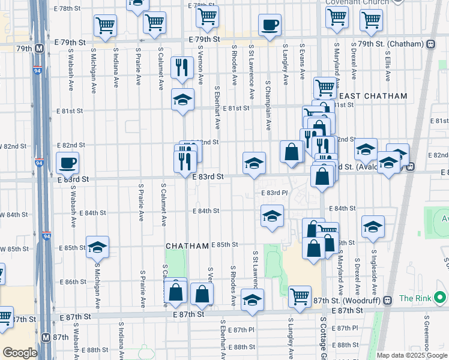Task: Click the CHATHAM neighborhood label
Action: [187, 247]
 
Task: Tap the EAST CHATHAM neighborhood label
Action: [373, 96]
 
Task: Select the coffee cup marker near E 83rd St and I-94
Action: [67, 162]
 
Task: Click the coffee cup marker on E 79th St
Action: [270, 25]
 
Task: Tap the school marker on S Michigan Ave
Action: [97, 247]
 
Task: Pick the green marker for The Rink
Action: [440, 298]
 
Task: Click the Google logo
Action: [20, 353]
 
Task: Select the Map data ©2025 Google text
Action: [412, 355]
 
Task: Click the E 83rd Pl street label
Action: [275, 193]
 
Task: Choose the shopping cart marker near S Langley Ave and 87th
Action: [300, 295]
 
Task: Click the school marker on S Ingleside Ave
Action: [373, 226]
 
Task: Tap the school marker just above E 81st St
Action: [182, 100]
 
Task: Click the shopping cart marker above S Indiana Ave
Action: [105, 25]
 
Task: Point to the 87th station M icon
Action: [46, 337]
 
